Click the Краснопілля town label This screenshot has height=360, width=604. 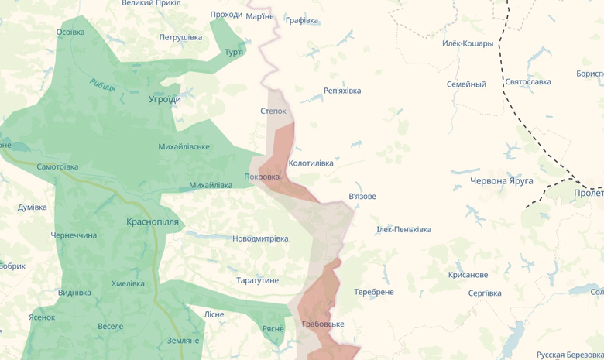(153, 221)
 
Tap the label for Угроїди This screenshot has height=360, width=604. (165, 99)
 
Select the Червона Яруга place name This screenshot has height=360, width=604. (502, 180)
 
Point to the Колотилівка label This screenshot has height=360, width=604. (311, 163)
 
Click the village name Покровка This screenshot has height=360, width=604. (262, 177)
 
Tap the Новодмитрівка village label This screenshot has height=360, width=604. (260, 238)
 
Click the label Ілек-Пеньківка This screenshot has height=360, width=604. (403, 229)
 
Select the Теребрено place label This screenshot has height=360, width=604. (374, 292)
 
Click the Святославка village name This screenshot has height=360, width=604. (527, 81)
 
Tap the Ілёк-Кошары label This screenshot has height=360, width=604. (467, 43)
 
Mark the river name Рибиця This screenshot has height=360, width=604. (102, 85)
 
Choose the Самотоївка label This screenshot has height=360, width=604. (57, 166)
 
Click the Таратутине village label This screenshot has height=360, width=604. (258, 280)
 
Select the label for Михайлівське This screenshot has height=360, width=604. (184, 146)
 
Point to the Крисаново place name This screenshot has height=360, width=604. (468, 275)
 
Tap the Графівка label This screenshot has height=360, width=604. (302, 20)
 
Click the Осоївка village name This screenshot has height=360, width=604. (70, 33)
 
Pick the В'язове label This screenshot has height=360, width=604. (362, 196)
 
